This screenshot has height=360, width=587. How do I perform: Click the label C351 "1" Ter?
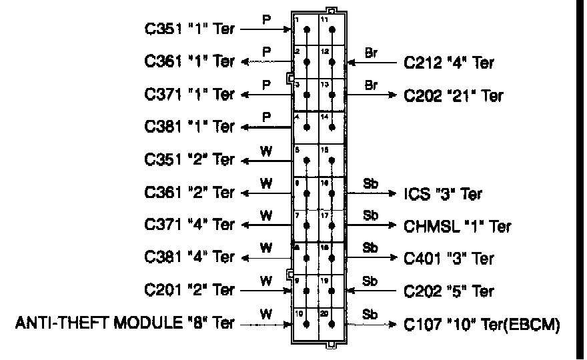[x=190, y=29]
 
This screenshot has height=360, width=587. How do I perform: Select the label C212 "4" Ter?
[x=449, y=63]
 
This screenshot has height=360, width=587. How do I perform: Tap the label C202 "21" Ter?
[x=454, y=95]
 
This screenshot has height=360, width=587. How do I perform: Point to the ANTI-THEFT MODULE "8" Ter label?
[x=125, y=324]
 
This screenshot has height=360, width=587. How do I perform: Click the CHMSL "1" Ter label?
[x=458, y=226]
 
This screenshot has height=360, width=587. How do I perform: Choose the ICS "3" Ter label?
[x=443, y=194]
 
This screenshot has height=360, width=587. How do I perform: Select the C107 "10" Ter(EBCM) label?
[x=481, y=325]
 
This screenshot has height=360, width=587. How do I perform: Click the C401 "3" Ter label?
[x=449, y=259]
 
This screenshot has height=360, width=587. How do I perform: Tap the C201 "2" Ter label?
[x=190, y=291]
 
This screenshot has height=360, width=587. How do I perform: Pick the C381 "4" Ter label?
[x=190, y=258]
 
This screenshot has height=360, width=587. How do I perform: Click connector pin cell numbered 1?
[x=306, y=30]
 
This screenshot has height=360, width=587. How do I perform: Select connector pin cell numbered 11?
[x=331, y=30]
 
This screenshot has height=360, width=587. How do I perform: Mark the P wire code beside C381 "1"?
[x=266, y=117]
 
